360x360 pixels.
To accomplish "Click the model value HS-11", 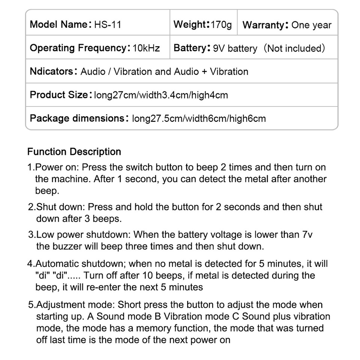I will click(x=108, y=25).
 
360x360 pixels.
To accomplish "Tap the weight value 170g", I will click(x=221, y=25).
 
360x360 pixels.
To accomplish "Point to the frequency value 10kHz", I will click(x=146, y=48).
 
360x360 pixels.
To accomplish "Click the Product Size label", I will click(x=58, y=95).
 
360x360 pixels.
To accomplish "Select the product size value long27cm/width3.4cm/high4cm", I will click(x=161, y=95).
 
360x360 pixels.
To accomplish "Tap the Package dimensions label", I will click(x=77, y=118).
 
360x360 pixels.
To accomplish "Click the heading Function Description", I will click(x=74, y=152).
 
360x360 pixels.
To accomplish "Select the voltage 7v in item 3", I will click(x=307, y=235).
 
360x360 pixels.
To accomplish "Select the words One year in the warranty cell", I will click(x=311, y=25).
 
